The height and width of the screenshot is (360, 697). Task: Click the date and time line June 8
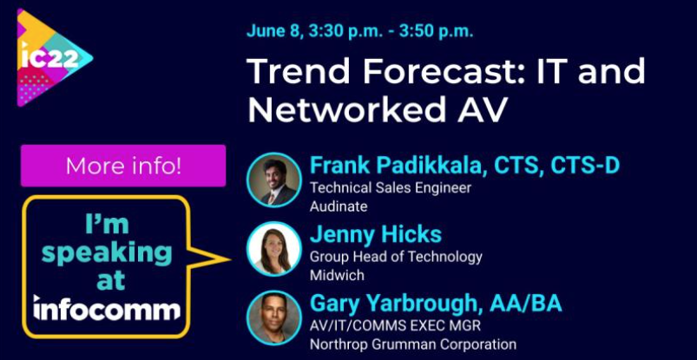tap(359, 31)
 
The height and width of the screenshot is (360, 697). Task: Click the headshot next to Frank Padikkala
tap(273, 180)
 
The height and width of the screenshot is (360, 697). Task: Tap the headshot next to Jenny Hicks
tap(273, 249)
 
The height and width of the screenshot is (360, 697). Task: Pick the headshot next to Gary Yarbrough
tap(273, 317)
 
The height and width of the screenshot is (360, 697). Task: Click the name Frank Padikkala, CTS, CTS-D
tap(464, 165)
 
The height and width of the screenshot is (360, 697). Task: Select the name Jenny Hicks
tap(375, 234)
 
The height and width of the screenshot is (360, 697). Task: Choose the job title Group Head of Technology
tap(395, 257)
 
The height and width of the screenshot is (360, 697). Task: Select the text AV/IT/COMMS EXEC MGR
tap(396, 325)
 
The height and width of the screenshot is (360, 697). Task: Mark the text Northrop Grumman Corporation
tap(412, 344)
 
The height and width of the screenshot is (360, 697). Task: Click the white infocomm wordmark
tap(107, 307)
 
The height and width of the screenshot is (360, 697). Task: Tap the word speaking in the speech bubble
tap(107, 253)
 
